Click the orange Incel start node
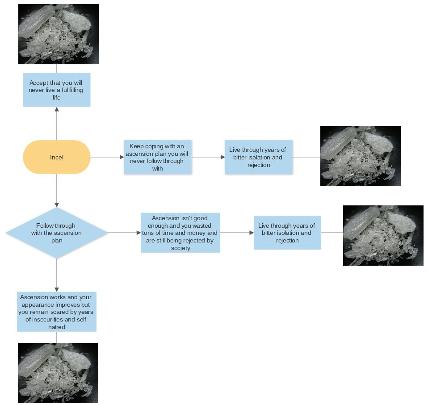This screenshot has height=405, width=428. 57,157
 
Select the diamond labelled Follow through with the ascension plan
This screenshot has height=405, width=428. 57,233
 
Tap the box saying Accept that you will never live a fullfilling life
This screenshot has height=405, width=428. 57,90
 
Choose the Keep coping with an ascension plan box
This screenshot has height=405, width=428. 157,157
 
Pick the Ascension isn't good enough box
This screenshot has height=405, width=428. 180,233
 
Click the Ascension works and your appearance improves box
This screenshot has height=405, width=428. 57,312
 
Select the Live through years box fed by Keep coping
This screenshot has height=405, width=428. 258,157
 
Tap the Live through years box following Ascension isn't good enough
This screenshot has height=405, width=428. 287,233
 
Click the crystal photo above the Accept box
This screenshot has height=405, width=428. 59,34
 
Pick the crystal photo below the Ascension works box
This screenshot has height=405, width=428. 58,373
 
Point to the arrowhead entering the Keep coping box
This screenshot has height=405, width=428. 122,157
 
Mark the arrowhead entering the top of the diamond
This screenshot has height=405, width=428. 57,205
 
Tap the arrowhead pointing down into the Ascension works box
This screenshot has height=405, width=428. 57,289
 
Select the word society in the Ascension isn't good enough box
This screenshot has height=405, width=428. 180,248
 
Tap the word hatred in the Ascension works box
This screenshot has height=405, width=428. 57,327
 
